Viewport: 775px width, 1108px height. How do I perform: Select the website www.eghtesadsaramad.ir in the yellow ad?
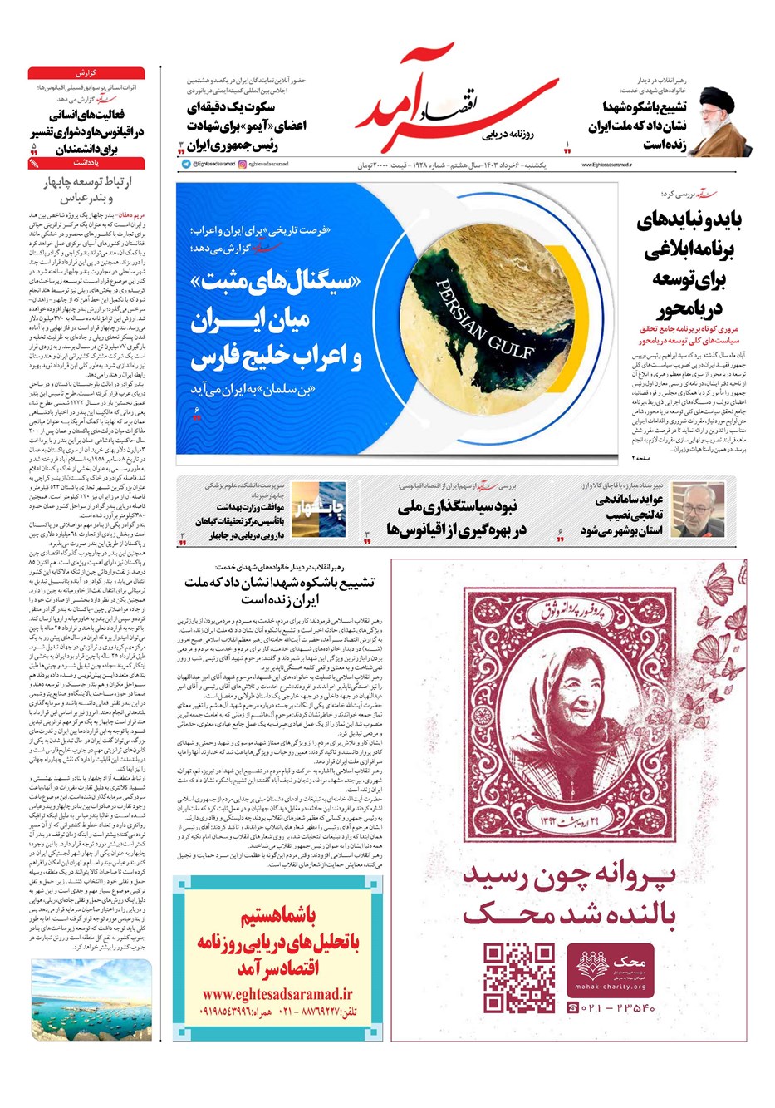pos(277,992)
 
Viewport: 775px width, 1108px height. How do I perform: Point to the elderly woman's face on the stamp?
pos(574,689)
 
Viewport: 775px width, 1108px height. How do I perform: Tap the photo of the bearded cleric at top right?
pos(718,120)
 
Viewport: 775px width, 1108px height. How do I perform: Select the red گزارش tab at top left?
pos(86,73)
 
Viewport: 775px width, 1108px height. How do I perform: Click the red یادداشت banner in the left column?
pos(86,164)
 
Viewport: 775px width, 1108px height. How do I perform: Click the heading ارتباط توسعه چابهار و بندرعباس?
pos(86,189)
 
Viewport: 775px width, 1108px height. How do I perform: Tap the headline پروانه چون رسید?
pos(569,876)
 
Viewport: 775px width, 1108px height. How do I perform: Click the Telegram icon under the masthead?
pos(186,165)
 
